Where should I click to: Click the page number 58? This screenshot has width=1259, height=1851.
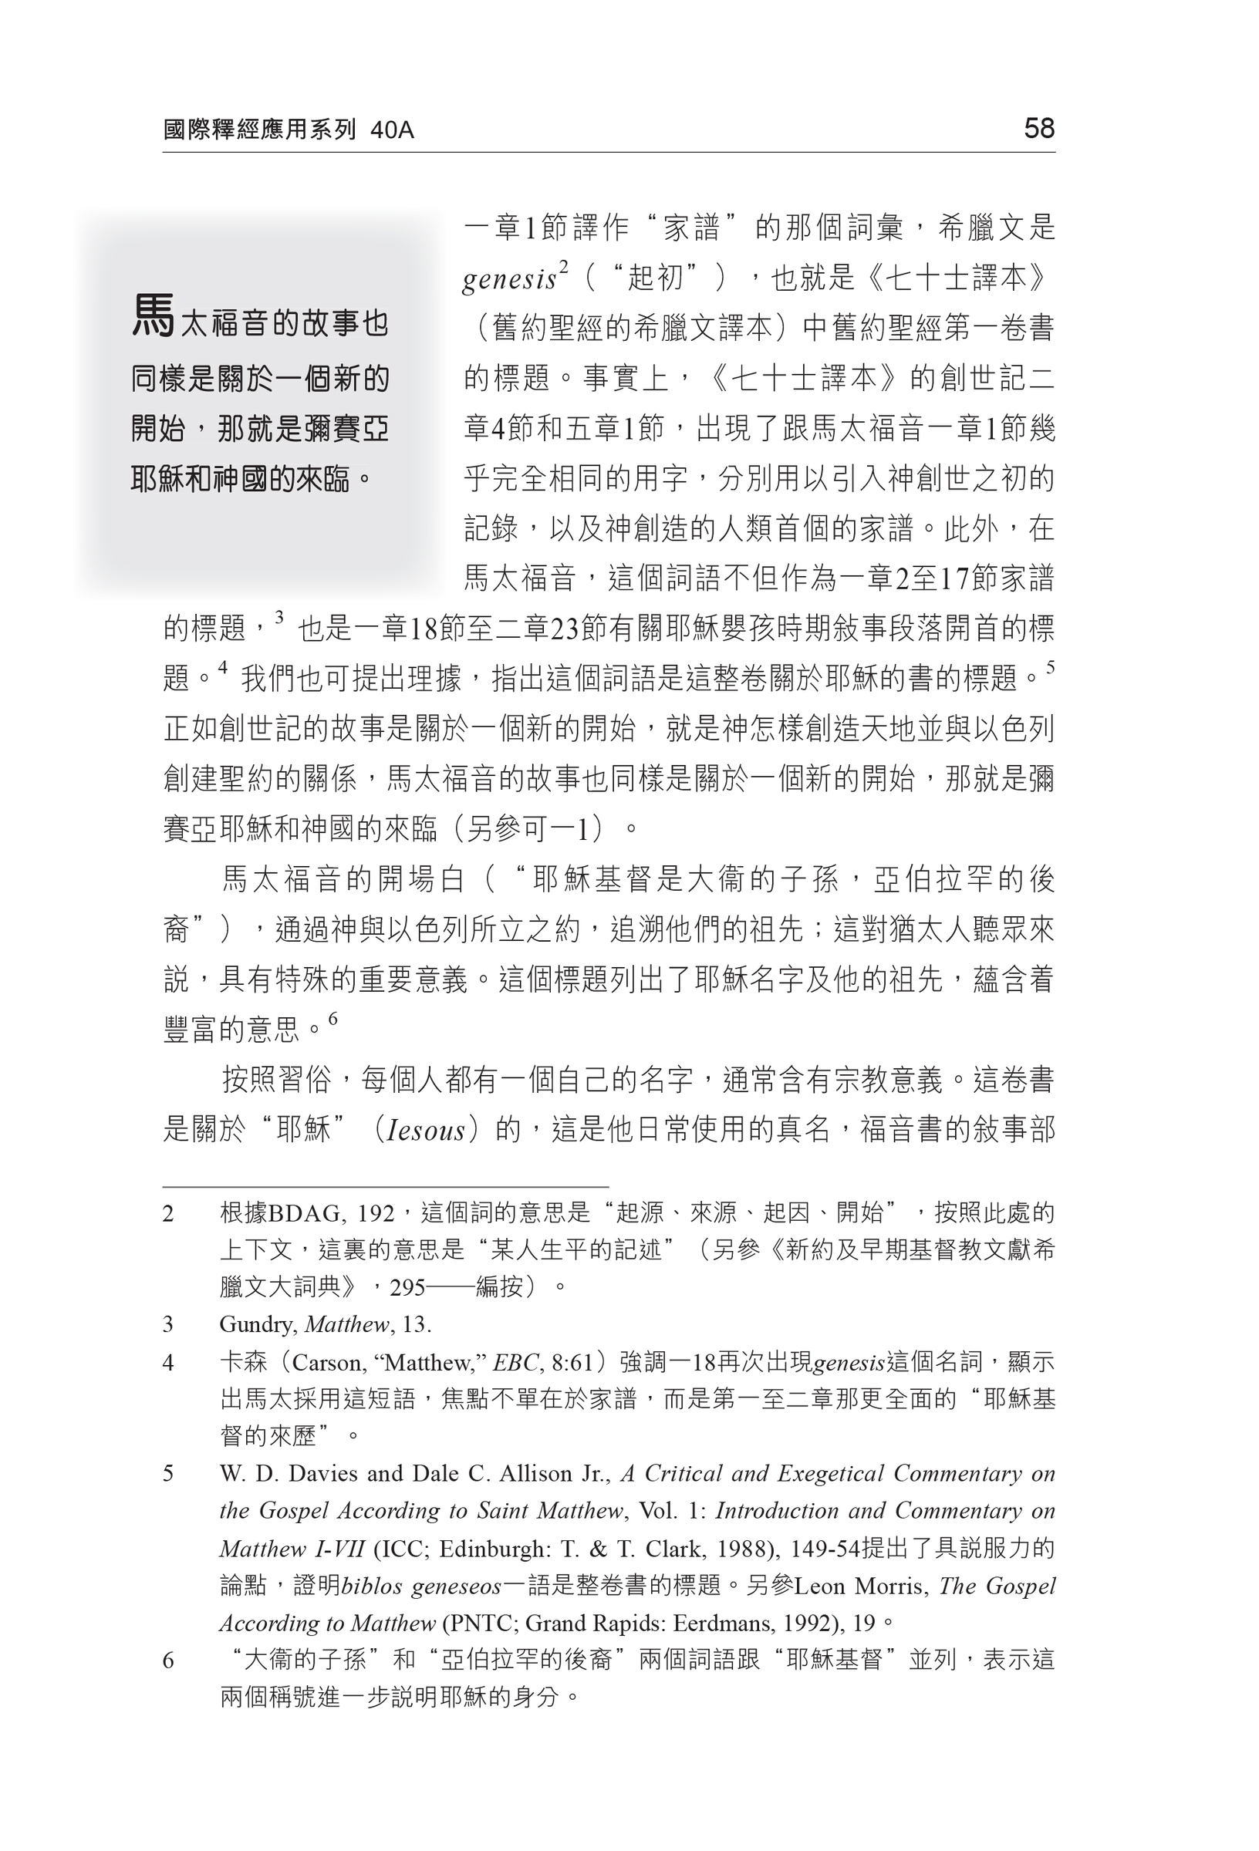click(x=1038, y=128)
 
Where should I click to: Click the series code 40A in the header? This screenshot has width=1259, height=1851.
click(x=392, y=130)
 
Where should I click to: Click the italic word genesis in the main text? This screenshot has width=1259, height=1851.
click(x=509, y=279)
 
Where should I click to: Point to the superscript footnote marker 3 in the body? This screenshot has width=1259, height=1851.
click(x=279, y=616)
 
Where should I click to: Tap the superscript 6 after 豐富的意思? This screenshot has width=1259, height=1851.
click(x=333, y=1018)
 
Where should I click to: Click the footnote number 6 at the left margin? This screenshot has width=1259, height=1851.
click(x=168, y=1661)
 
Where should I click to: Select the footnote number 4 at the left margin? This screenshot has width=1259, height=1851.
click(x=168, y=1363)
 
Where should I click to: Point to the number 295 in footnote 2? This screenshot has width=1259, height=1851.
click(x=407, y=1288)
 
